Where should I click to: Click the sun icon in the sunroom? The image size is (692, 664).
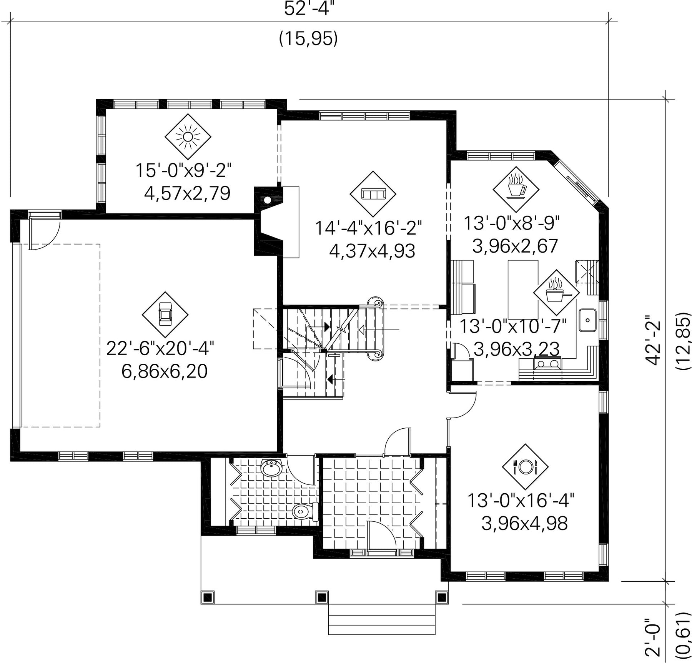(188, 136)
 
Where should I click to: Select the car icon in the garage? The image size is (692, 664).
(165, 315)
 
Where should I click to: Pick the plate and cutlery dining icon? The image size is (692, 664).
(525, 467)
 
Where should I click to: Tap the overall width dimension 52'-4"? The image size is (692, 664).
(307, 9)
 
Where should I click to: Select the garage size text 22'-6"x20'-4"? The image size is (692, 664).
(160, 348)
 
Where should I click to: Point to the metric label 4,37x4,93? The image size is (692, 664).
(372, 251)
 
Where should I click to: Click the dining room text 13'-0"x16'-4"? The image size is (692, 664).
(521, 500)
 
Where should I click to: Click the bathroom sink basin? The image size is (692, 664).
(271, 468)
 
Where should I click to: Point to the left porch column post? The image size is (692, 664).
(208, 597)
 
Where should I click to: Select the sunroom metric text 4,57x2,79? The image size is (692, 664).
(187, 193)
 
